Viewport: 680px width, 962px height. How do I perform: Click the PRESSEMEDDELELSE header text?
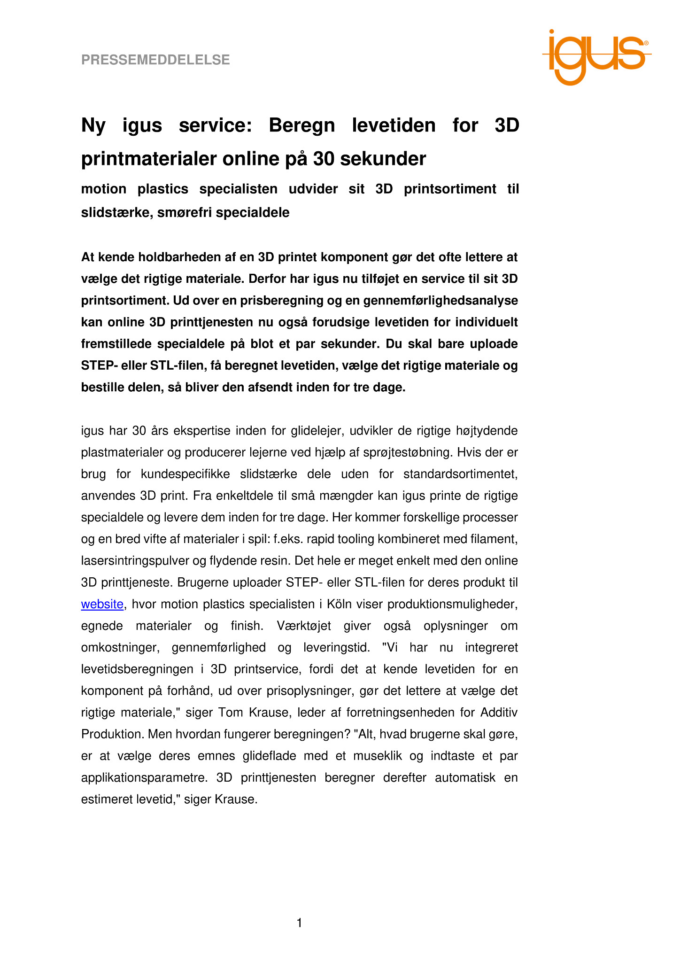(155, 60)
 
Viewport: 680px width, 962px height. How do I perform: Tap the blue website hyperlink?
(102, 604)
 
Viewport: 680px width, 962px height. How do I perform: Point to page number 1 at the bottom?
(300, 923)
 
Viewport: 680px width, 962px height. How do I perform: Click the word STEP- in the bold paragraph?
(99, 365)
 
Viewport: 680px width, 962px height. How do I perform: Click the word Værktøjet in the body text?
(304, 626)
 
